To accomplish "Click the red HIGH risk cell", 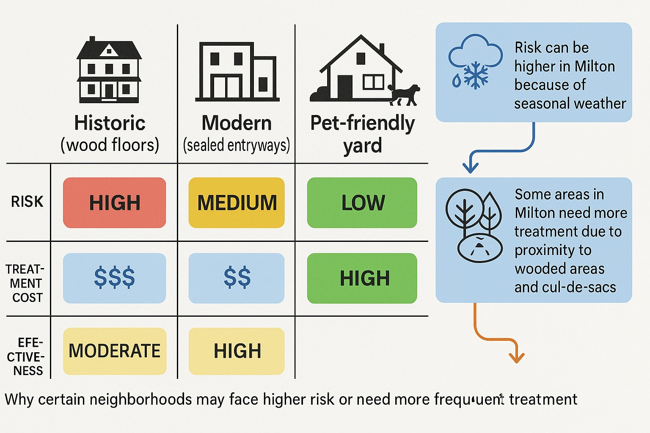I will (114, 203).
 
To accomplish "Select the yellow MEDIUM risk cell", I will (237, 203).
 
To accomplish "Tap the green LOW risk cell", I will (362, 203).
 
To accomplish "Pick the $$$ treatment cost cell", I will (114, 278).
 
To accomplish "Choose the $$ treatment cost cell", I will (237, 278).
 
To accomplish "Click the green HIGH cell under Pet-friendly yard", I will (362, 278).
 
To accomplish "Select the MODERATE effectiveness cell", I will (114, 351).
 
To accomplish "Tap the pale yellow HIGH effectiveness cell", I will (237, 351).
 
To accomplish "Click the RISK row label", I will (27, 202).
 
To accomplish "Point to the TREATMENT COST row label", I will (25, 283).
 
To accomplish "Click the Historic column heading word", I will (110, 123).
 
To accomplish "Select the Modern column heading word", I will (237, 123).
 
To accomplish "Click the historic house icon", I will (109, 70).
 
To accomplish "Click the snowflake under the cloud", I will (476, 75).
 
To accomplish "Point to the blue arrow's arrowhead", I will (470, 169).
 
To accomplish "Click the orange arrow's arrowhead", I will (516, 358).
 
